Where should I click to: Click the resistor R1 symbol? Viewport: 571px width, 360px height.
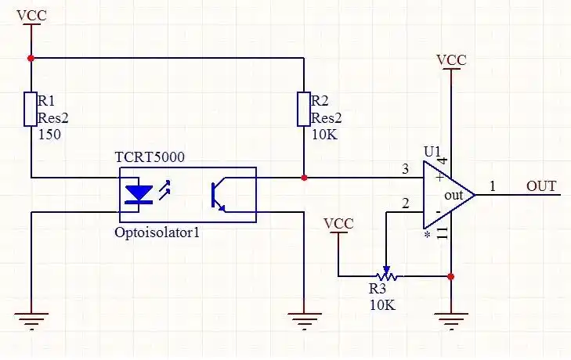click(31, 109)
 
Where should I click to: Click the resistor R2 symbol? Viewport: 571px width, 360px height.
click(303, 109)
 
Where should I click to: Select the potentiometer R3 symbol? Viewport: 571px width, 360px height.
click(385, 275)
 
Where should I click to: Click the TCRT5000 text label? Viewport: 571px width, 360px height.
click(150, 157)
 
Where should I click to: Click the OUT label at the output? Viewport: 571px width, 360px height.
click(541, 186)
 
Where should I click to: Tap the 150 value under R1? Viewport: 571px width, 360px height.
click(49, 135)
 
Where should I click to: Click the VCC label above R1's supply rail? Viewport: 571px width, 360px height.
click(31, 16)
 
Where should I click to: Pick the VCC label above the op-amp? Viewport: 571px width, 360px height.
click(452, 60)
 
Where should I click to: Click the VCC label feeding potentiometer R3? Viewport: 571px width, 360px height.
click(338, 224)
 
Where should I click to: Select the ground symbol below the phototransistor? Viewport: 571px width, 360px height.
click(303, 319)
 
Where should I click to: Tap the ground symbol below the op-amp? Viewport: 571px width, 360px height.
click(452, 319)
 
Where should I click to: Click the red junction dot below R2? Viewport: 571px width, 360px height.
click(303, 178)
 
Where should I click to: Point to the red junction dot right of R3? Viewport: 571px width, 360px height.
click(452, 275)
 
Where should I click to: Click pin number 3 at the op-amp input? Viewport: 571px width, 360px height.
click(405, 169)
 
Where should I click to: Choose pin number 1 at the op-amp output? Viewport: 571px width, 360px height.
click(493, 186)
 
